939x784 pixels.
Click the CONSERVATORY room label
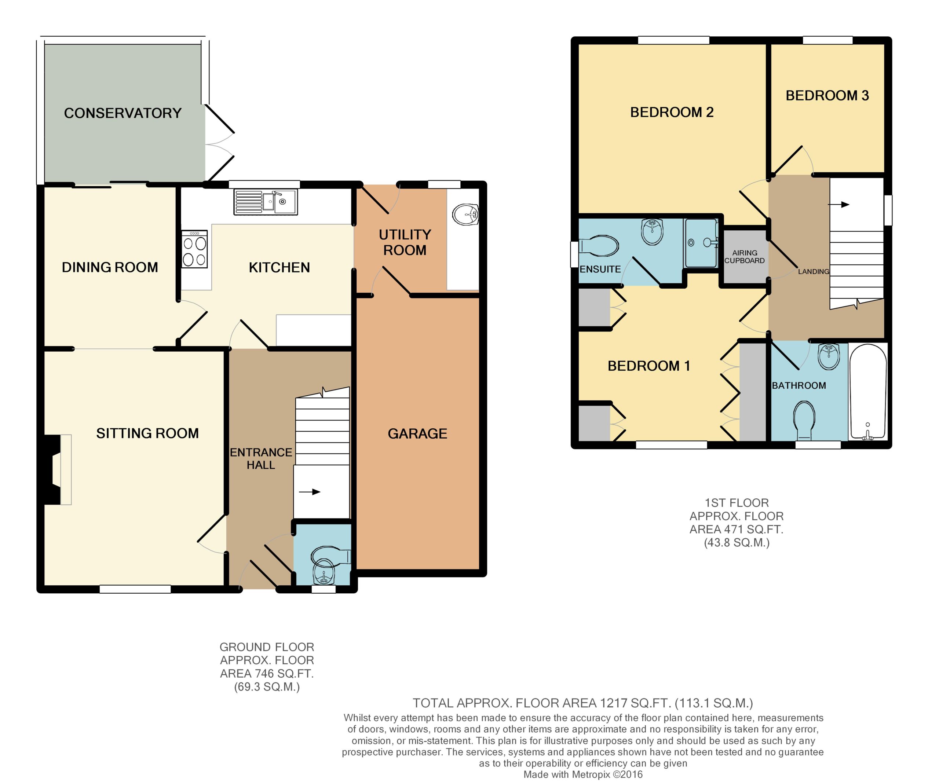coord(123,113)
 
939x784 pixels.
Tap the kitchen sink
coord(265,202)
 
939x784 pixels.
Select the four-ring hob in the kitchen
coord(194,249)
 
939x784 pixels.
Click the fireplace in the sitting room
coord(57,469)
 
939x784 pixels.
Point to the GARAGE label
coord(417,433)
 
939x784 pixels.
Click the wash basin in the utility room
coord(465,215)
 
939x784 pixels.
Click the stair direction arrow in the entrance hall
coord(310,492)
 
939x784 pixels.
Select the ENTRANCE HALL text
coord(261,459)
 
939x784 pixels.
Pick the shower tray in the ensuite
coord(701,243)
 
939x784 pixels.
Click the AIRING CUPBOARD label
coord(745,257)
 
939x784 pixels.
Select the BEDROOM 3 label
coord(827,96)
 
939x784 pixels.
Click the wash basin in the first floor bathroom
coord(829,357)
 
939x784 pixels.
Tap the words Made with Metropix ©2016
coord(583,774)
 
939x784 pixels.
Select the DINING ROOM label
coord(110,267)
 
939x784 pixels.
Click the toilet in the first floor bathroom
coord(804,420)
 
